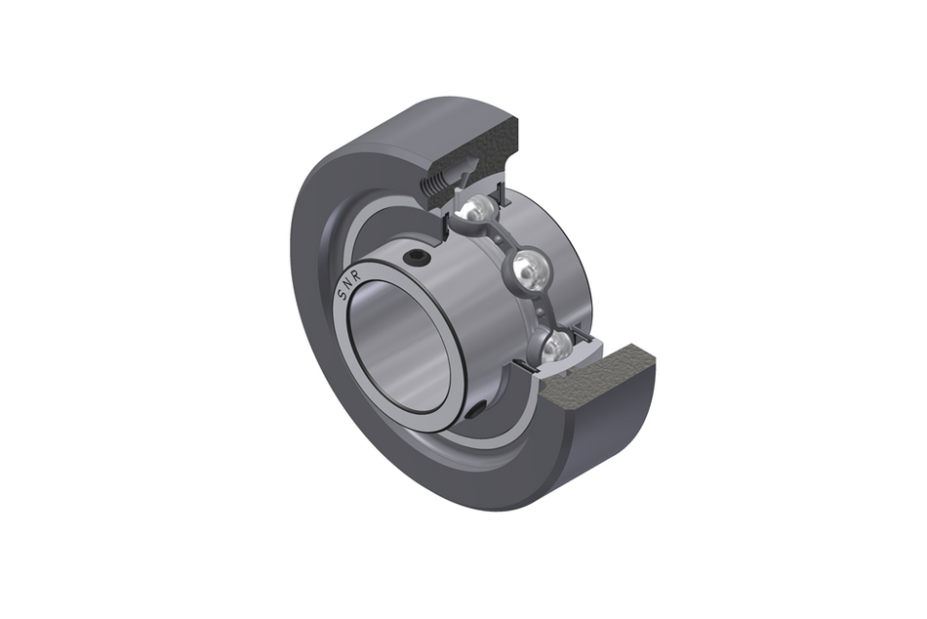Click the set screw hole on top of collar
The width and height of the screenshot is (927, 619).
point(419,257)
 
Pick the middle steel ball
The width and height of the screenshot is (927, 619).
point(525,270)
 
